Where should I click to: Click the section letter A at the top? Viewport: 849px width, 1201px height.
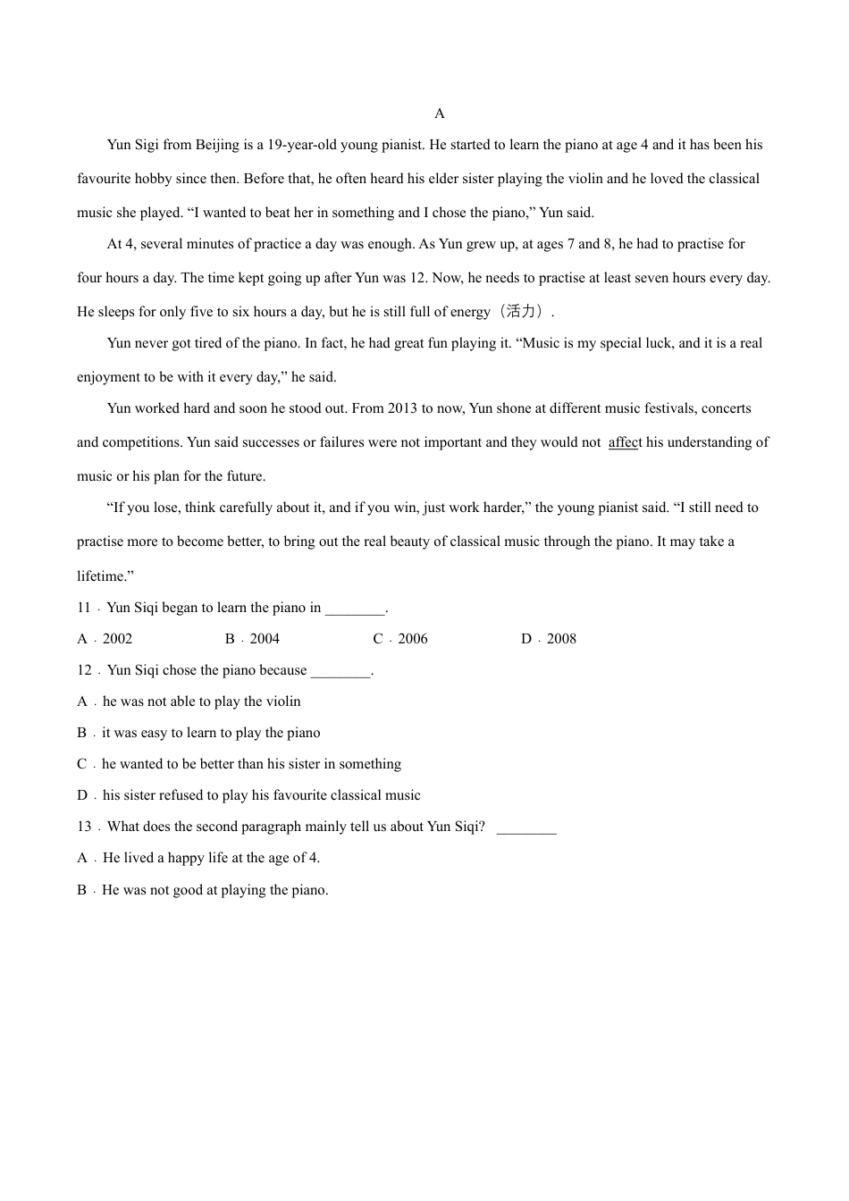(x=439, y=113)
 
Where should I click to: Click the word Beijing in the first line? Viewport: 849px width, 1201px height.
(x=217, y=145)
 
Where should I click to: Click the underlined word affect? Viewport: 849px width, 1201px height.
(x=625, y=442)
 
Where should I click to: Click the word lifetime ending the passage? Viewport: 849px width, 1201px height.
(x=102, y=576)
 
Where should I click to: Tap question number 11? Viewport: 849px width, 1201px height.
(x=84, y=608)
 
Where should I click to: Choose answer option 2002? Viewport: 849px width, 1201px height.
(x=117, y=639)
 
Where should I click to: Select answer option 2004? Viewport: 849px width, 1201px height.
(x=265, y=639)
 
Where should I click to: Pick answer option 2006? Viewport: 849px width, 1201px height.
(x=413, y=639)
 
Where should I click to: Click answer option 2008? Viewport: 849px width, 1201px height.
(x=561, y=639)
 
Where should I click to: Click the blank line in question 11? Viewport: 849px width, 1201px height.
(x=355, y=609)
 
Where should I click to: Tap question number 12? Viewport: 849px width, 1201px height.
(x=84, y=670)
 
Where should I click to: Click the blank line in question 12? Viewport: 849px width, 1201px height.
(x=340, y=672)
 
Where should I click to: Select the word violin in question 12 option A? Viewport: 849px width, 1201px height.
(x=282, y=701)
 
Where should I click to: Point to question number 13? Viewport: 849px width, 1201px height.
(x=84, y=827)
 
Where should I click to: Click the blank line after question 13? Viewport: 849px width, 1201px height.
(x=526, y=828)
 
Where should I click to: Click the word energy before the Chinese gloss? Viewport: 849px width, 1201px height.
(x=468, y=312)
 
